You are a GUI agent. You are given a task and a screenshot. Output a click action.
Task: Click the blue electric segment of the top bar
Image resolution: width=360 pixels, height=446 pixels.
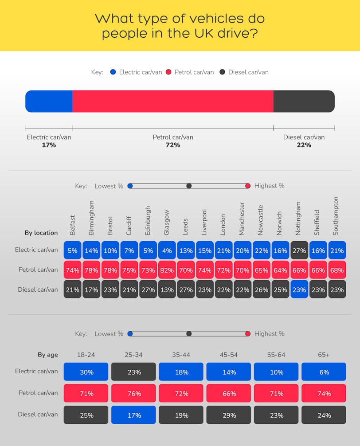(x=49, y=101)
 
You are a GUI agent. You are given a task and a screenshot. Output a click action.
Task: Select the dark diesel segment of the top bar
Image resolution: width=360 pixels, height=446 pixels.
(x=304, y=101)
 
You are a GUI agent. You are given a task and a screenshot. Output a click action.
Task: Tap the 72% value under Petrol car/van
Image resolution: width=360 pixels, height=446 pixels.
(x=173, y=145)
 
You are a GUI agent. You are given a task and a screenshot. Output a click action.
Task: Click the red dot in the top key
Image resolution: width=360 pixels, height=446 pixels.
(x=168, y=72)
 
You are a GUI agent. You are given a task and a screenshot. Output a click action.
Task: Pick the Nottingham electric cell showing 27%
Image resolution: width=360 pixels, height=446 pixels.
(x=299, y=250)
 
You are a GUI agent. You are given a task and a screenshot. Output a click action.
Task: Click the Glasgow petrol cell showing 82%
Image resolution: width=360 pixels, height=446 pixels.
(x=167, y=270)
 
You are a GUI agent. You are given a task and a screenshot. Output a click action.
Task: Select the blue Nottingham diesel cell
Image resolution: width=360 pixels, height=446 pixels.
(x=299, y=289)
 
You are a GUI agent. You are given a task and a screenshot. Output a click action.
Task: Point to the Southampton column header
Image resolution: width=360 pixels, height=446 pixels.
(x=336, y=216)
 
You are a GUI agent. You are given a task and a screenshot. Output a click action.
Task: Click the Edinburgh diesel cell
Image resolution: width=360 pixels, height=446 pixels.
(x=148, y=289)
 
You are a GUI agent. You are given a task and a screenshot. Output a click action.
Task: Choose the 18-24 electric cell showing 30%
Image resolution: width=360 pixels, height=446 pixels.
(x=86, y=372)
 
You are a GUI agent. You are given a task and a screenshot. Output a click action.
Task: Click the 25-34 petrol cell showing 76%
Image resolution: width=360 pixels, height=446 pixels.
(x=133, y=393)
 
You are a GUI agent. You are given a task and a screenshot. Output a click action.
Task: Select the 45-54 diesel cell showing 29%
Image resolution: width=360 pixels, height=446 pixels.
(x=229, y=415)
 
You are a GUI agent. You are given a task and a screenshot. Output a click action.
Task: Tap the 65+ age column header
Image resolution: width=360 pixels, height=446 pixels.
(x=324, y=355)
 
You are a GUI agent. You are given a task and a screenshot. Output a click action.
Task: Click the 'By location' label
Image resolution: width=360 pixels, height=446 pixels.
(x=41, y=233)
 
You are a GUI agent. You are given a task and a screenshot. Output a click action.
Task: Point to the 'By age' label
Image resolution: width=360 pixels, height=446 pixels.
(x=47, y=355)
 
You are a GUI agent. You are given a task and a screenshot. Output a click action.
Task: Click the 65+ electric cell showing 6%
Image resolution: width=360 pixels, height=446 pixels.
(x=324, y=372)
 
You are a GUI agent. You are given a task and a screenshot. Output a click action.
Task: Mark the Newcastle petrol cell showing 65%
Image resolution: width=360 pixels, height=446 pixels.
(x=262, y=270)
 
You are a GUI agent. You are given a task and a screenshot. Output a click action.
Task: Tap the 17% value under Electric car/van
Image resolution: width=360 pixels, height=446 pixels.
(x=49, y=145)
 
